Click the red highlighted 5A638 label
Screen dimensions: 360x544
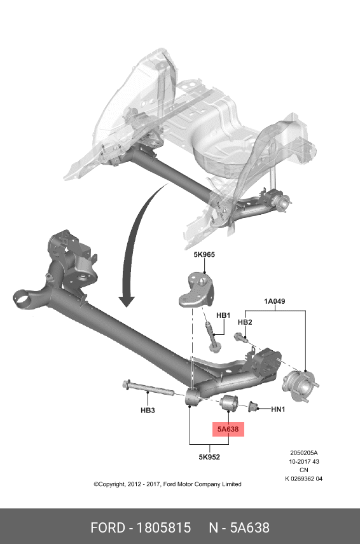click(228, 429)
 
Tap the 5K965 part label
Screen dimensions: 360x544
click(204, 255)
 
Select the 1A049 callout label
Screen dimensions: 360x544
click(275, 301)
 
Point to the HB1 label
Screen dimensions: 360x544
click(223, 315)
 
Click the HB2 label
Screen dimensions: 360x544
click(245, 322)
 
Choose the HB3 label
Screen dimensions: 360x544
click(148, 411)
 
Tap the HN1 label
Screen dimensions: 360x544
click(278, 409)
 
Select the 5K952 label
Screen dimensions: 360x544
click(209, 457)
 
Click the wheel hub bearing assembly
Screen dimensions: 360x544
click(300, 386)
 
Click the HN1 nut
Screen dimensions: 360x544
click(253, 406)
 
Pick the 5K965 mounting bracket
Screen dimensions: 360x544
click(197, 290)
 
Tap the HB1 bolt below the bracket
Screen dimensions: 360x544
click(211, 337)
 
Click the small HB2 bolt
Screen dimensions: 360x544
click(240, 337)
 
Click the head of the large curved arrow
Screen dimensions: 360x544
click(127, 301)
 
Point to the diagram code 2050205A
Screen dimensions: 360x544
click(304, 452)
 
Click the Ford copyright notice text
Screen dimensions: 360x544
click(167, 484)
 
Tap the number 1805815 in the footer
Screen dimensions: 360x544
click(163, 527)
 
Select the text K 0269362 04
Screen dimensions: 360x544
click(304, 479)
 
